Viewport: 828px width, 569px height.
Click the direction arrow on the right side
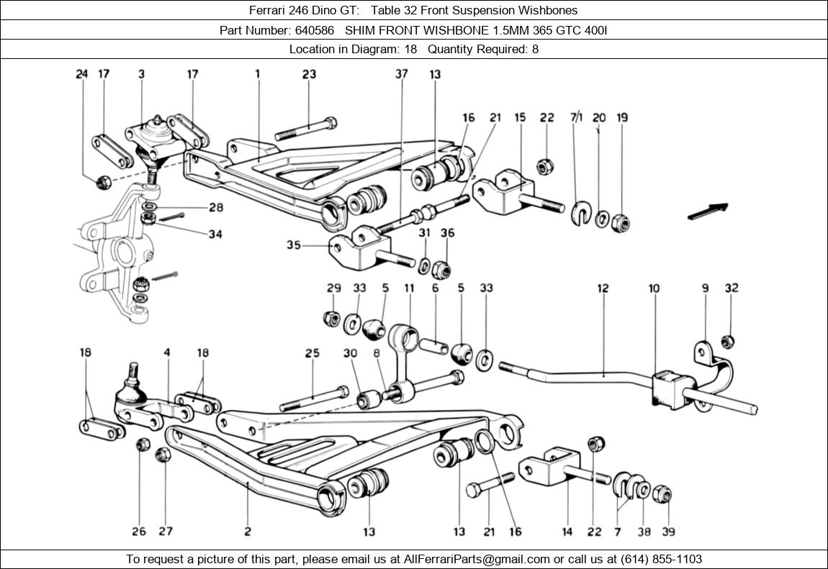coord(707,211)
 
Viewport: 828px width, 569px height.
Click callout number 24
coord(82,73)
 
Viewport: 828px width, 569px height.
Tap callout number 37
coord(401,73)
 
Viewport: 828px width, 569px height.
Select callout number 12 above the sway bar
coord(603,288)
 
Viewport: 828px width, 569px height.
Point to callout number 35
coord(293,245)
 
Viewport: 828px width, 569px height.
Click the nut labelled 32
coord(727,341)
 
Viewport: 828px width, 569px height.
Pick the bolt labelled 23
coord(305,129)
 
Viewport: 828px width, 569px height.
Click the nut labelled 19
coord(621,222)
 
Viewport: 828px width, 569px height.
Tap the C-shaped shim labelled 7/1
coord(580,214)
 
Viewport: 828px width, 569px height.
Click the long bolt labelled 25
coord(316,397)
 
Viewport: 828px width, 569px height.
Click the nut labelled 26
coord(143,445)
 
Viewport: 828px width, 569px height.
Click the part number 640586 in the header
coord(313,30)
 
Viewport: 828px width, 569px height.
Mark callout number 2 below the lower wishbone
coord(248,532)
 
